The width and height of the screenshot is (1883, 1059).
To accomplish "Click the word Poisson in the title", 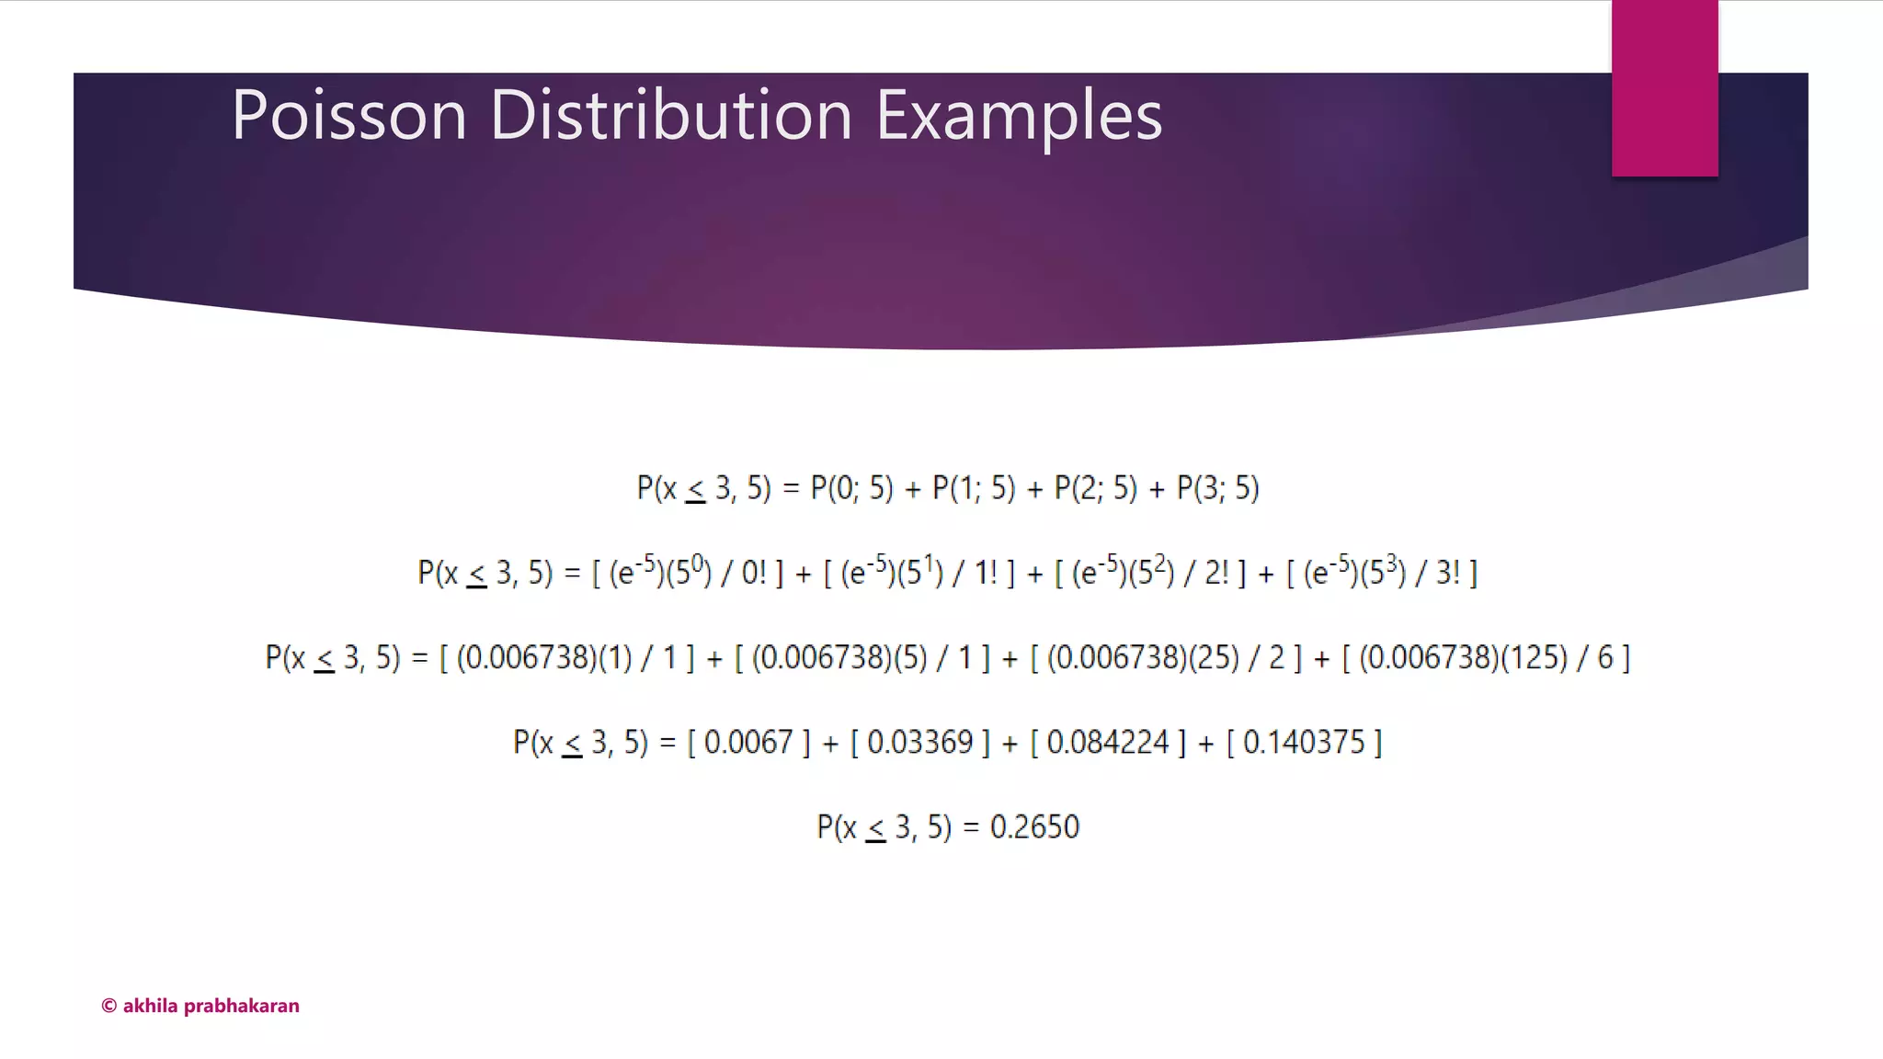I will pos(349,116).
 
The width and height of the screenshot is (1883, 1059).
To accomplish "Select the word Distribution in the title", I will pos(671,116).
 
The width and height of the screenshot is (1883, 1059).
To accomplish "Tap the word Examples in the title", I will pos(1019,116).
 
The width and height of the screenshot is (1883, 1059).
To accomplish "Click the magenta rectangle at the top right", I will pos(1664,88).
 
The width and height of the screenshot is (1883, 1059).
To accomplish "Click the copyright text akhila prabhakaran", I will pos(200,1006).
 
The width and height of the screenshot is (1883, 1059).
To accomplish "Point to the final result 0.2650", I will pos(1034,827).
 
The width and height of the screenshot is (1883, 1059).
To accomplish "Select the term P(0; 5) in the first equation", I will pos(851,488).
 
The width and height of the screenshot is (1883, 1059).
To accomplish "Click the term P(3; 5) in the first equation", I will pos(1217,488).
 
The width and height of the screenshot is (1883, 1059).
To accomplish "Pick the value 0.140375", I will pos(1304,743).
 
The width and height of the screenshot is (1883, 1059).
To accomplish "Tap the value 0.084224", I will pos(1108,743).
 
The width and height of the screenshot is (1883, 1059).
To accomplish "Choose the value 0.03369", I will pos(919,743).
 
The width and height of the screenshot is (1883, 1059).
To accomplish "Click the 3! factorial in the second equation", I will pos(1448,574).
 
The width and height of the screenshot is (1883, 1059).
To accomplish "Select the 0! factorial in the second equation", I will pos(754,574).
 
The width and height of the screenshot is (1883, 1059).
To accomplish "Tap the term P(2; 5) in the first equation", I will pos(1095,488).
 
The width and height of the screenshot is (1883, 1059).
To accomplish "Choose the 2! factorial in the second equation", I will pos(1216,574).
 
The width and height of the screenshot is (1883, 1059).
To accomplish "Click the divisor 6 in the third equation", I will pos(1605,658).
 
